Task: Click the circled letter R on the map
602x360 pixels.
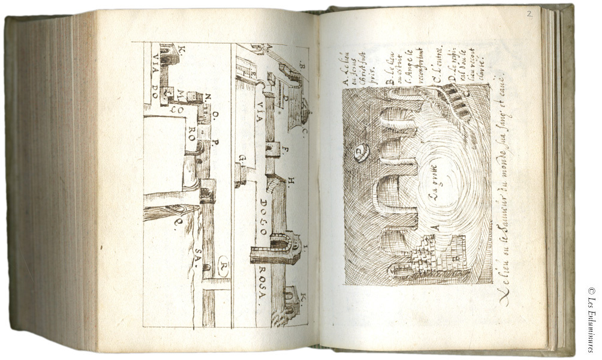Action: pyautogui.click(x=223, y=265)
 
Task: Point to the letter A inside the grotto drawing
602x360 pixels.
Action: pyautogui.click(x=436, y=227)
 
